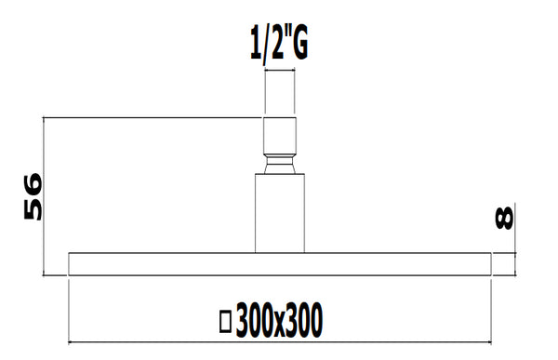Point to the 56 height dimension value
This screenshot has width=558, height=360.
tap(33, 196)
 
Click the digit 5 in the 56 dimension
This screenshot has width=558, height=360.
tap(33, 210)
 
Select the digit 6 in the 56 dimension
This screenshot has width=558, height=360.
tap(33, 182)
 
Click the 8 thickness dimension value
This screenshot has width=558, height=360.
tap(505, 218)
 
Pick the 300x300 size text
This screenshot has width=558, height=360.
tap(279, 320)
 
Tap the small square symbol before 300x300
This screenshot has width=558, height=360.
tap(224, 322)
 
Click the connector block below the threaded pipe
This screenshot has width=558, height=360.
tap(280, 136)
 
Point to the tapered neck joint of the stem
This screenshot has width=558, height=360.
tap(280, 166)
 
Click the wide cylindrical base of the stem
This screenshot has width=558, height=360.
tap(280, 214)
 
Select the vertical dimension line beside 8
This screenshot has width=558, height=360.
tap(518, 263)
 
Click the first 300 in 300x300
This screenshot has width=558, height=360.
tap(254, 320)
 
